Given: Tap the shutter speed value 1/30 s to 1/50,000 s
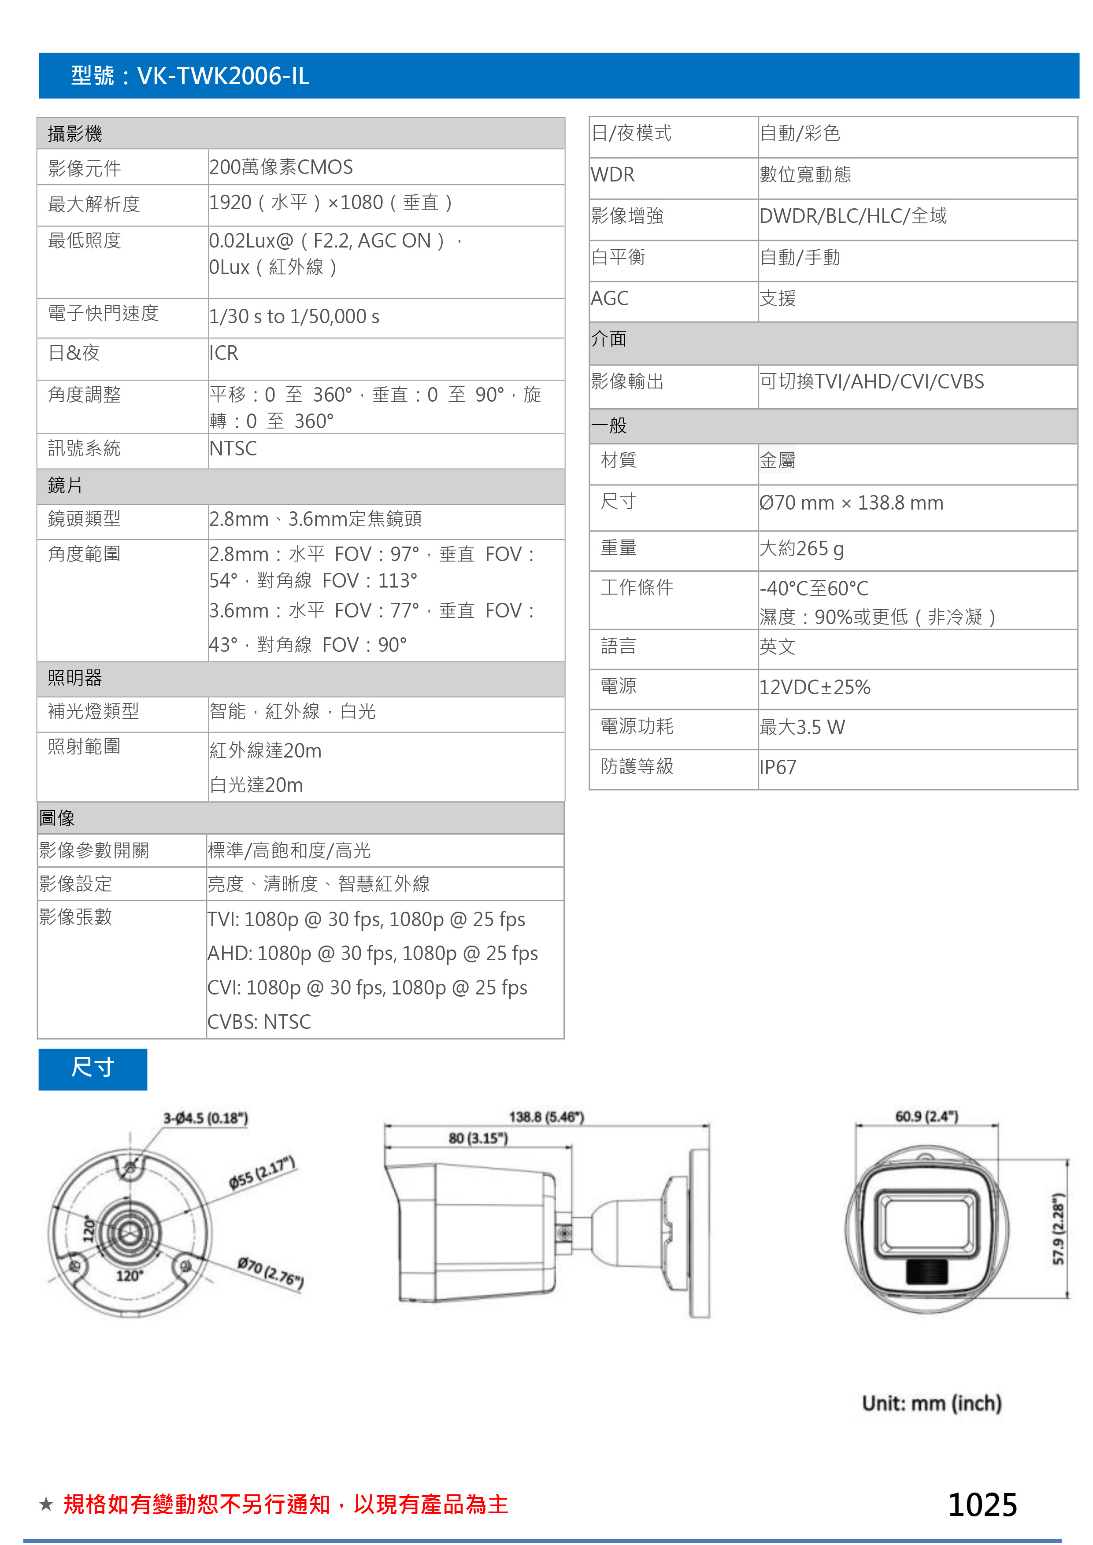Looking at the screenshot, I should [294, 316].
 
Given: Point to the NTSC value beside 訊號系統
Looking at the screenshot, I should [233, 448].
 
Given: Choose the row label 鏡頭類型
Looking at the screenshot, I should [84, 519].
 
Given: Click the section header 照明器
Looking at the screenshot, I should [75, 678].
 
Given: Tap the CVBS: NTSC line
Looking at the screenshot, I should [259, 1021].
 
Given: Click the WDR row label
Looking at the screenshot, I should [612, 175].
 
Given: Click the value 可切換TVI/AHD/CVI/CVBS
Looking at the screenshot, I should [871, 381].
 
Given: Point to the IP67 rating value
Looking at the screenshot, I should [778, 767].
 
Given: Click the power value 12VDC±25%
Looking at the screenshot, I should [815, 687].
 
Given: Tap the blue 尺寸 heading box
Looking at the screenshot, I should [93, 1068].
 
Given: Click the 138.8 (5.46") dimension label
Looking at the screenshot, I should [546, 1117].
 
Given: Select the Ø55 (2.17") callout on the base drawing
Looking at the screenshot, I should [263, 1172].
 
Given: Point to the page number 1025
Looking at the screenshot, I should [982, 1504].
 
